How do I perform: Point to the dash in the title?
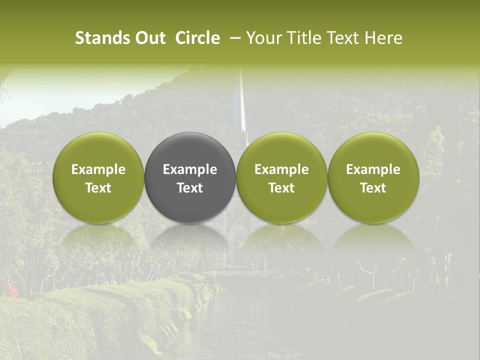click(x=233, y=38)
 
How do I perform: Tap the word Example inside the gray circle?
click(x=190, y=169)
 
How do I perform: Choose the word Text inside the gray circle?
click(x=190, y=188)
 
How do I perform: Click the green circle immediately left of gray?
click(x=98, y=177)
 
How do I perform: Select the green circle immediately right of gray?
click(x=281, y=177)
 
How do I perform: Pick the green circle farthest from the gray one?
click(x=373, y=177)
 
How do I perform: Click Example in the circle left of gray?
click(x=98, y=169)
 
